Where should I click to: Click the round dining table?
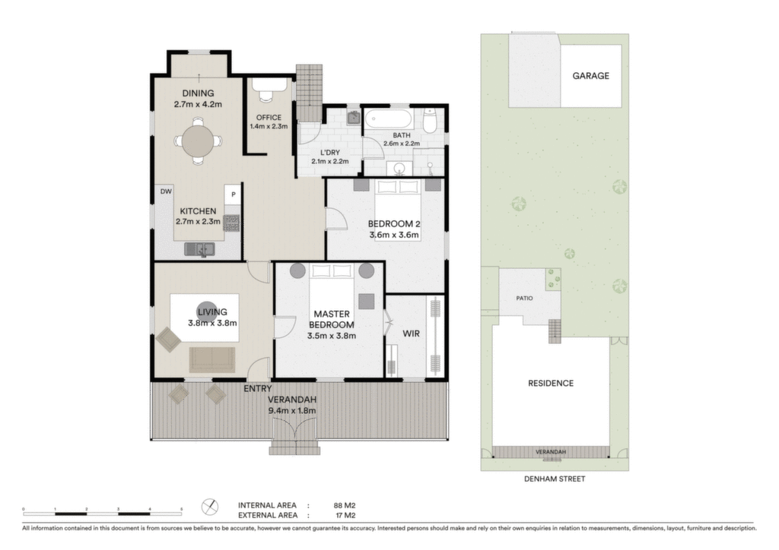click(199, 141)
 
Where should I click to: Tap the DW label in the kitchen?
click(166, 191)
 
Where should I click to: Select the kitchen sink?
click(199, 249)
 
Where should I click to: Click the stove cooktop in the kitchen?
click(231, 223)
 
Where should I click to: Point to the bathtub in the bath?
click(389, 119)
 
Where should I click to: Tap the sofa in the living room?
click(211, 359)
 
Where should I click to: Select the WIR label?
click(411, 333)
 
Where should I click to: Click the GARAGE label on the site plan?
click(590, 76)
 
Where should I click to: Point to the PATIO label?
click(524, 298)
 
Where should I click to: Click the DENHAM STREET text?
click(555, 479)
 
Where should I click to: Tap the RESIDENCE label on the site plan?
click(551, 383)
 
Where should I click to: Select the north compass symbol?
click(210, 507)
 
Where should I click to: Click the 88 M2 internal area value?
click(345, 505)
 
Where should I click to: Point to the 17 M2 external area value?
click(345, 515)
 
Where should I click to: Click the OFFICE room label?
click(269, 118)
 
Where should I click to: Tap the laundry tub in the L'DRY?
click(354, 118)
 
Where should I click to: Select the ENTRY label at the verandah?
click(257, 389)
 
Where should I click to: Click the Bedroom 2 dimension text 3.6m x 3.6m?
click(394, 235)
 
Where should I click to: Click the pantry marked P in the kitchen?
click(233, 194)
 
